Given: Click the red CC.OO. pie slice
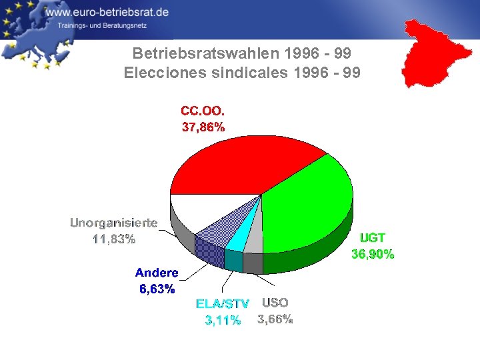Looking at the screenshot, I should point(233,163).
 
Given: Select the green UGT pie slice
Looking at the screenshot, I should point(310,207).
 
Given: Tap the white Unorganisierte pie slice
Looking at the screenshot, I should point(200,210).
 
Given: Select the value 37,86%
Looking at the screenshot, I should point(203,128).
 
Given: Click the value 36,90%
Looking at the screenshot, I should point(373,254).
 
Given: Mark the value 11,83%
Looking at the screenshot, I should point(114,239).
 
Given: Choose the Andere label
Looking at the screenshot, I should point(157,273).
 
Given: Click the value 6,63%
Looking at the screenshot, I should point(157,289).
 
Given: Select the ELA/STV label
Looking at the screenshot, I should point(222,304).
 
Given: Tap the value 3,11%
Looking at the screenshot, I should point(222,320).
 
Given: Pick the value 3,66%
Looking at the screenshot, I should point(275,319).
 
